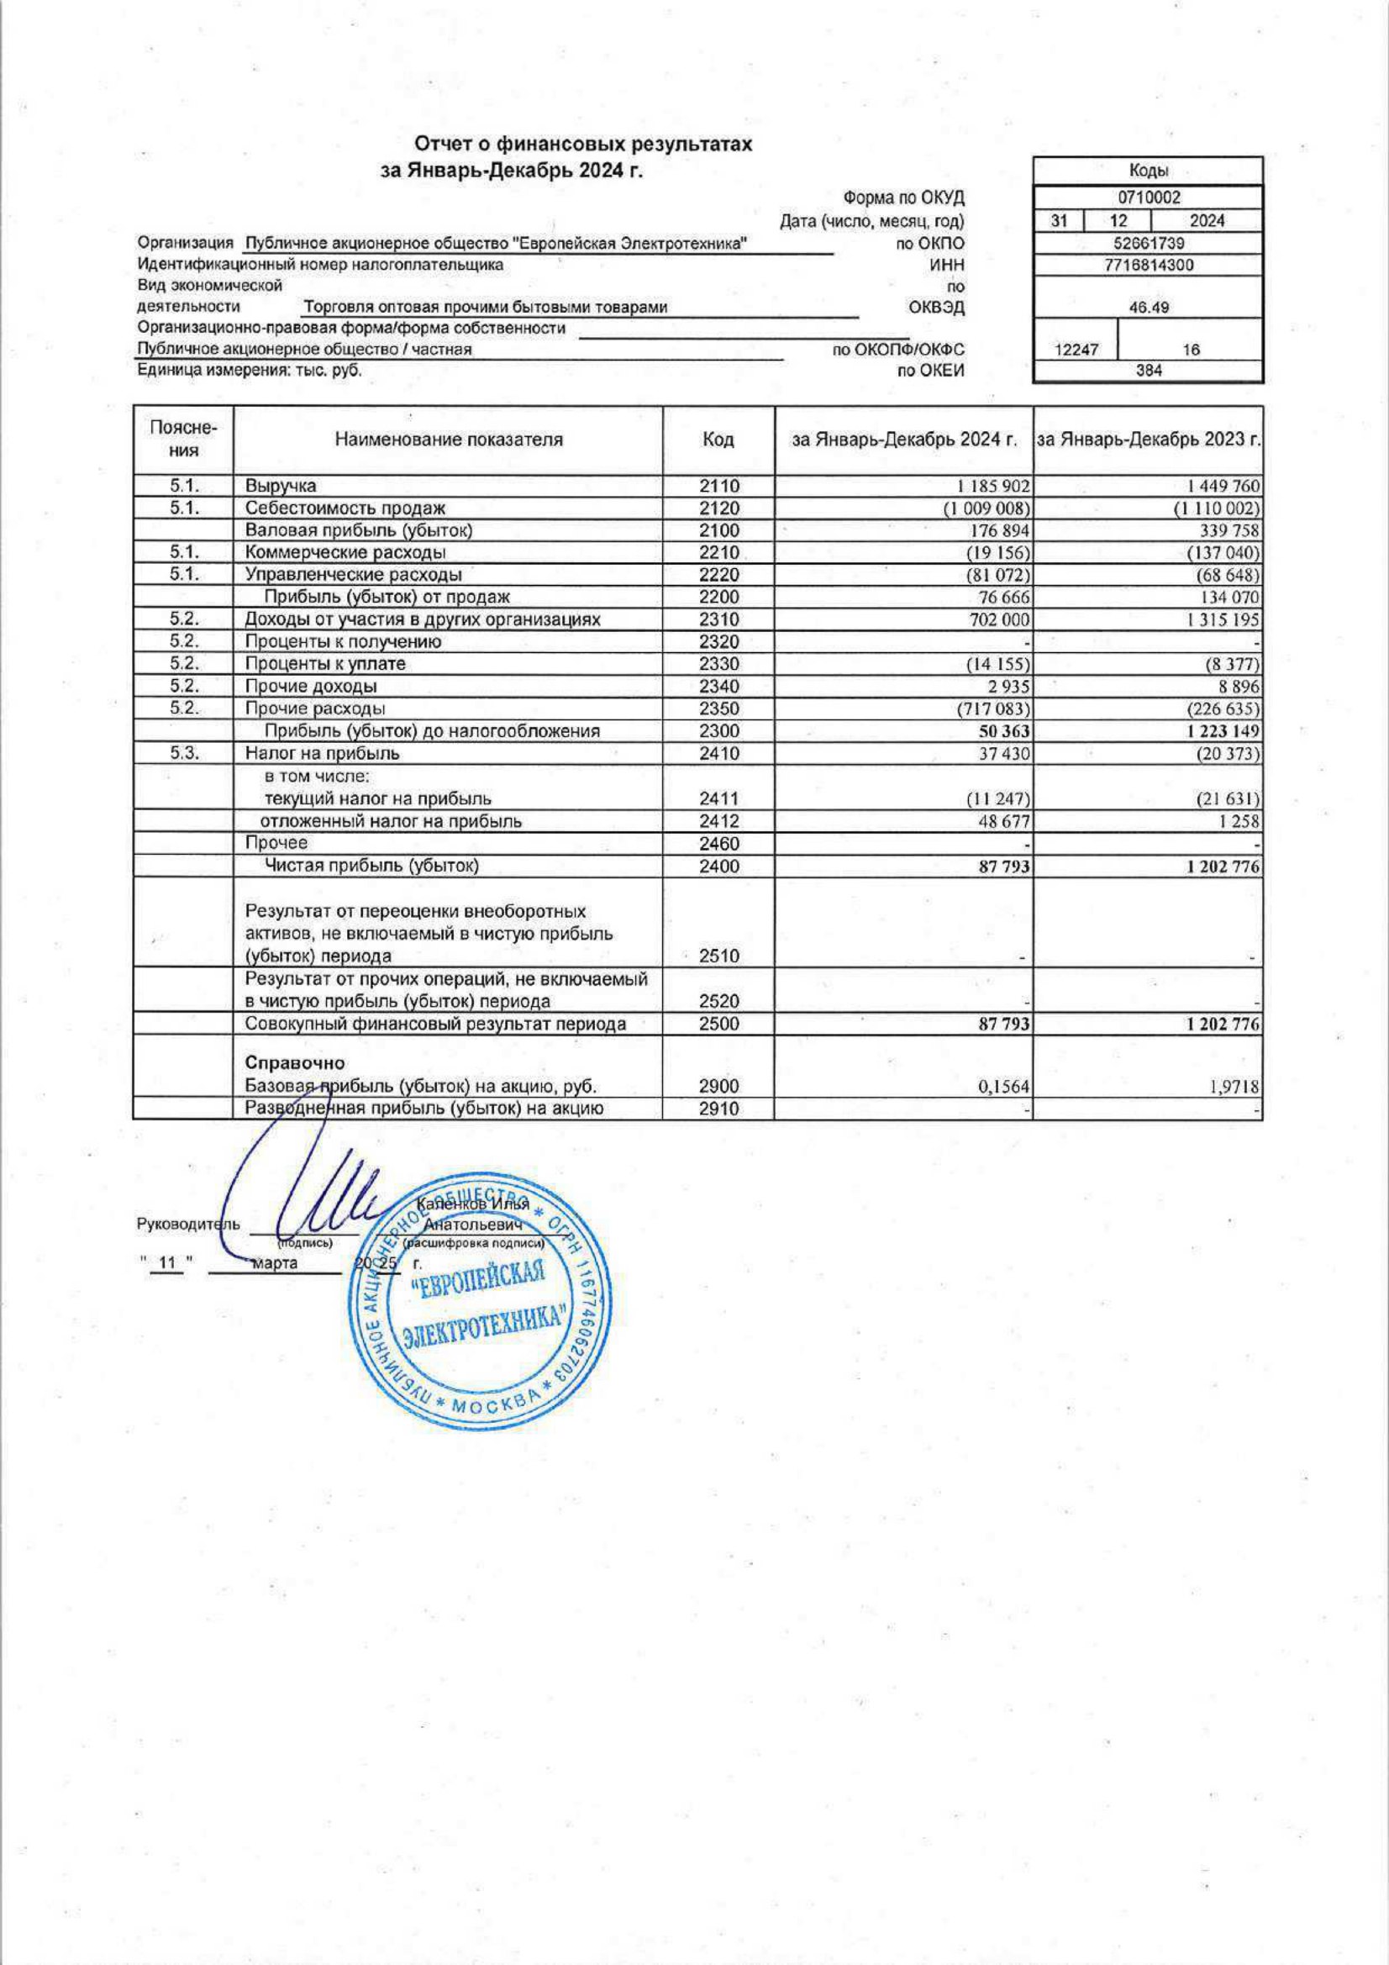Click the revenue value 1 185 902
[986, 486]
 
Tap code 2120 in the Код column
[718, 508]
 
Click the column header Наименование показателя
[449, 440]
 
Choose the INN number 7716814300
[1149, 266]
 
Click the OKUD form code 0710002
[1149, 198]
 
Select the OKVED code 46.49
[1149, 308]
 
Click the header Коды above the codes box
[1149, 171]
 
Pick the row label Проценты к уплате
[325, 664]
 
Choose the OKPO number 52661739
[1149, 243]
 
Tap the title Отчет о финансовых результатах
[583, 145]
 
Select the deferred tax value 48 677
[1005, 822]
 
